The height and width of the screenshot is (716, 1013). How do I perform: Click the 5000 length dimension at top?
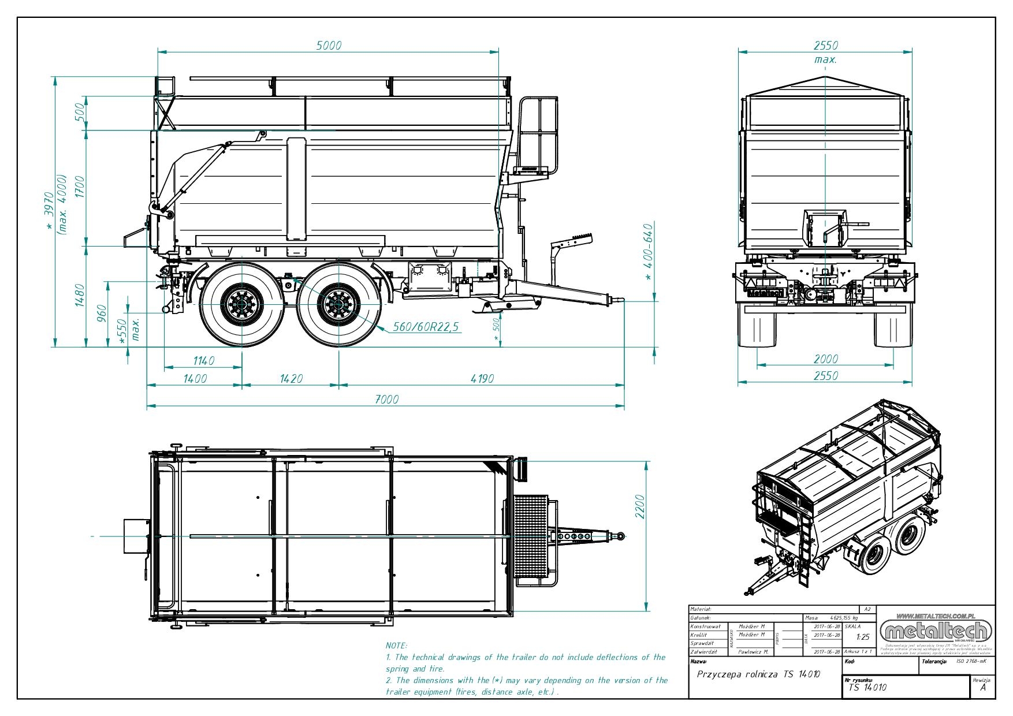click(x=329, y=46)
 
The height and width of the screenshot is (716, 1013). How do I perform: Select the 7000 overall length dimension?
click(x=386, y=399)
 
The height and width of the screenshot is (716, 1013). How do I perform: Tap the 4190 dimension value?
click(x=482, y=379)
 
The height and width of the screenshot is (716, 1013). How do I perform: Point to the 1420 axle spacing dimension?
click(x=291, y=379)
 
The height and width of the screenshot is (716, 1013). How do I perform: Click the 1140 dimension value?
click(x=203, y=361)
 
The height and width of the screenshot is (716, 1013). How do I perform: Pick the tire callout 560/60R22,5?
click(x=426, y=327)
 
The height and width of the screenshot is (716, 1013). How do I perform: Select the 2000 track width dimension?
click(x=825, y=359)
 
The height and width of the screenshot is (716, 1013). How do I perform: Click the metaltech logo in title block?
click(x=936, y=630)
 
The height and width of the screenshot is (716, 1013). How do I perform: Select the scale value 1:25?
click(x=863, y=637)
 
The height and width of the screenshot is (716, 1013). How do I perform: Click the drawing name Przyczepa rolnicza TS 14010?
click(x=758, y=674)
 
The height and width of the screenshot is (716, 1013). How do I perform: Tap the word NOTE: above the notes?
click(x=396, y=646)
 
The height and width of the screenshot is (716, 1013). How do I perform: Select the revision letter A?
click(x=983, y=687)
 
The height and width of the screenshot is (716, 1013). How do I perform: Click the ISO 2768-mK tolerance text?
click(x=971, y=662)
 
